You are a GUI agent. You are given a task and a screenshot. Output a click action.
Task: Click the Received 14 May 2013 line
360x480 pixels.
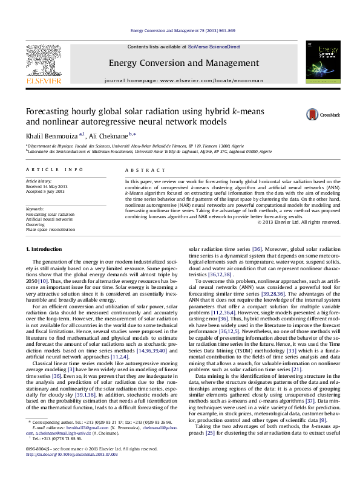45,186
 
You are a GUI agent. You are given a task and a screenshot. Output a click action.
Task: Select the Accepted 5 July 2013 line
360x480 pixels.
44,190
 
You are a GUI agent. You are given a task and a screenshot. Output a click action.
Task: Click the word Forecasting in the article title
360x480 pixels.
51,112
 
